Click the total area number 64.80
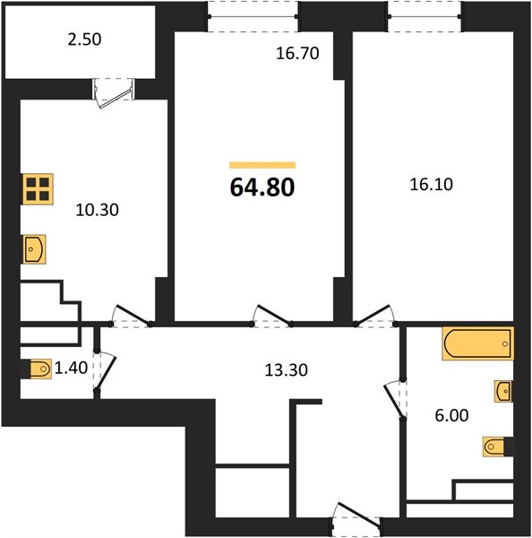(262, 187)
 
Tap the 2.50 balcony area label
(84, 39)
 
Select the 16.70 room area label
(297, 53)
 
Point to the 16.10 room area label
(431, 184)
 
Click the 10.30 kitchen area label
(98, 210)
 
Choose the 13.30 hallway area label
(287, 369)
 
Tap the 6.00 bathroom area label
(451, 415)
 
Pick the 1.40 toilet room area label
(71, 368)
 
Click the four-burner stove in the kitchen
(38, 189)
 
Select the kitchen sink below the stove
(34, 249)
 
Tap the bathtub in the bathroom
(478, 343)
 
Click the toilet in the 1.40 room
(40, 369)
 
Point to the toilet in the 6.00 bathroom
(493, 447)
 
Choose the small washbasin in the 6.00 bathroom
(503, 391)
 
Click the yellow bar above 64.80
(262, 165)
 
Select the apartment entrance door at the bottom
(356, 518)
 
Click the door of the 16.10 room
(374, 315)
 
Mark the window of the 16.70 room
(253, 16)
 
